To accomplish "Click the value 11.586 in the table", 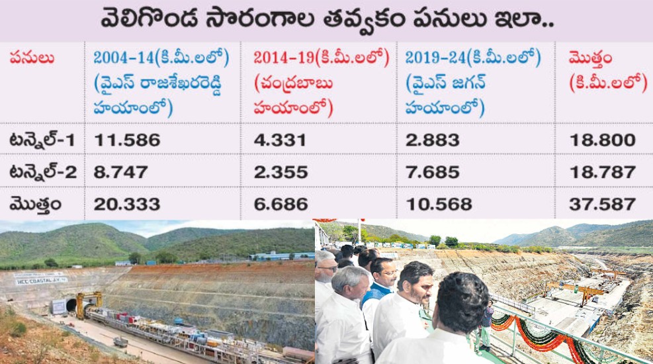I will [x=127, y=140].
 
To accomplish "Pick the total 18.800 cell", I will [x=602, y=140].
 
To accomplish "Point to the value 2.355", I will [x=281, y=172].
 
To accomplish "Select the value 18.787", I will [x=602, y=172].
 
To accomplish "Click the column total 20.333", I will [x=127, y=204].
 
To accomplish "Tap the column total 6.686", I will [x=281, y=204].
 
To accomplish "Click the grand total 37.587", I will [x=602, y=204].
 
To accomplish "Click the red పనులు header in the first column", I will [x=30, y=59].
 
